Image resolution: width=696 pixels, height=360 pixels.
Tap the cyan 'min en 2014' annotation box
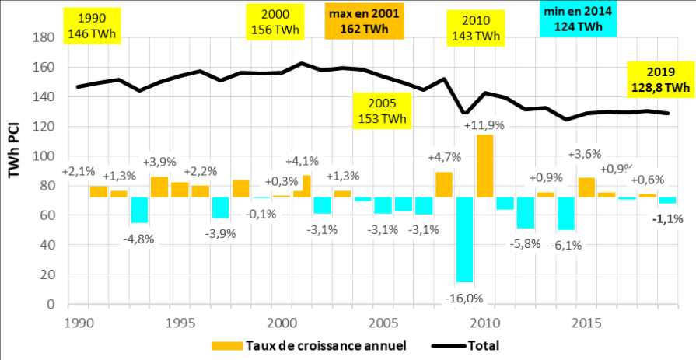click(578, 19)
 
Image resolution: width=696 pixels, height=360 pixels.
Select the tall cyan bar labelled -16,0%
click(464, 239)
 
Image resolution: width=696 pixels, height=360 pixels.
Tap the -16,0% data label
click(464, 298)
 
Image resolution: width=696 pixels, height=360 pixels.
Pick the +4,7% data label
click(443, 157)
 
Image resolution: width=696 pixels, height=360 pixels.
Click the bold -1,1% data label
click(666, 218)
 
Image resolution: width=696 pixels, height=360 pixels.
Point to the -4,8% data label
click(139, 239)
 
